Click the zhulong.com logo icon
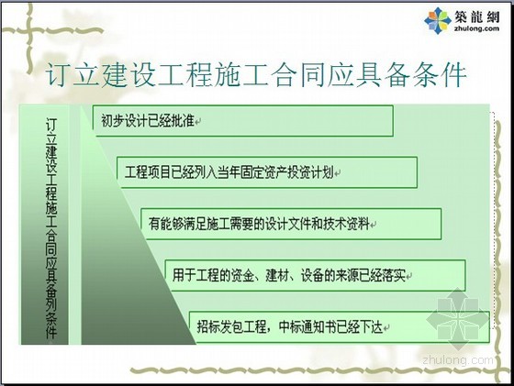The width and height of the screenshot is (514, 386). [438, 20]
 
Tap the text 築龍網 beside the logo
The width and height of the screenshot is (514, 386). [476, 17]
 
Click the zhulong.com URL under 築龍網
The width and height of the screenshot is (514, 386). [476, 28]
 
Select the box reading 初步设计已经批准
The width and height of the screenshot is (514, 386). [243, 120]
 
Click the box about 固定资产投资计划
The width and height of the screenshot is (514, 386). [267, 172]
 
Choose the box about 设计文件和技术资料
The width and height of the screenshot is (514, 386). [291, 224]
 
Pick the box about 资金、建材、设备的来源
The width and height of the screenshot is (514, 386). [315, 275]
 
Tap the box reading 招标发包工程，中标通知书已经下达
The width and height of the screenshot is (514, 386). [340, 326]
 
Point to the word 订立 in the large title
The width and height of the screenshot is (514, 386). [73, 74]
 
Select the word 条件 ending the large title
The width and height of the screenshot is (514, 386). [440, 74]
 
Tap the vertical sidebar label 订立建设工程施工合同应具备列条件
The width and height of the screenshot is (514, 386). [51, 228]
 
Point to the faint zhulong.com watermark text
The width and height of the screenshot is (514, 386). [458, 360]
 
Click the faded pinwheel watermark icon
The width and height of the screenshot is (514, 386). [457, 316]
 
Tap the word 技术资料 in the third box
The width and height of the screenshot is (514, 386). [347, 224]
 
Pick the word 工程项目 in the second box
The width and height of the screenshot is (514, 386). [148, 172]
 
